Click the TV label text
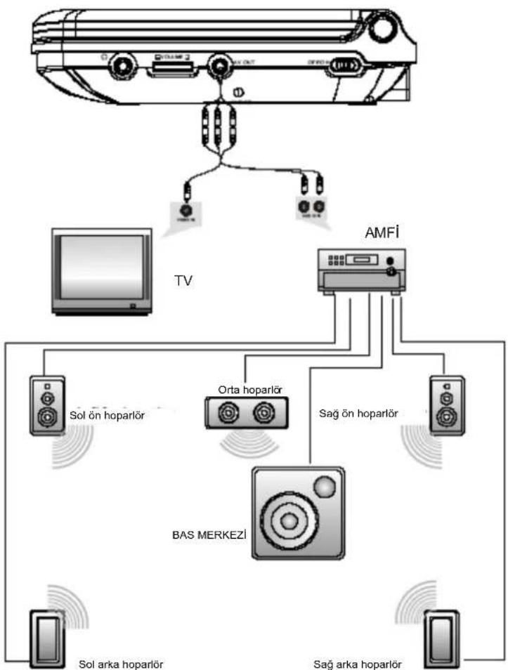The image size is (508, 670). click(x=183, y=281)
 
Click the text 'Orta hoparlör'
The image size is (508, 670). click(x=245, y=388)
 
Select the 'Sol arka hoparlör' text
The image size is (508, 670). click(x=120, y=662)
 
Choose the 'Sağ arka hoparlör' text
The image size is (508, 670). click(x=358, y=662)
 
